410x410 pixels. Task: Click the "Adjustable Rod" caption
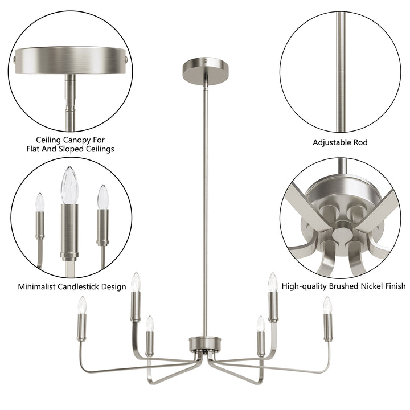pyautogui.click(x=341, y=141)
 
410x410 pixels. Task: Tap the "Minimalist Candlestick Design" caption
pyautogui.click(x=72, y=286)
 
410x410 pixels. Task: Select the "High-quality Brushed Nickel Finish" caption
pyautogui.click(x=343, y=286)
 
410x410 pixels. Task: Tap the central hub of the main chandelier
pyautogui.click(x=204, y=345)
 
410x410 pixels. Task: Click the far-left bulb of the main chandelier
pyautogui.click(x=82, y=305)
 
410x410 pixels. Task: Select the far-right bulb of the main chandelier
pyautogui.click(x=327, y=305)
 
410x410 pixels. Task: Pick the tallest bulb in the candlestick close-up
pyautogui.click(x=69, y=185)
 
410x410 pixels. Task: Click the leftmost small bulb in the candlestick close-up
pyautogui.click(x=40, y=202)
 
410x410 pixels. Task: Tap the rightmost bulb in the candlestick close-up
pyautogui.click(x=102, y=196)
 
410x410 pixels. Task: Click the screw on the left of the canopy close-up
pyautogui.click(x=14, y=57)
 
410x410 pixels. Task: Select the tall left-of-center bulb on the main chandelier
pyautogui.click(x=136, y=281)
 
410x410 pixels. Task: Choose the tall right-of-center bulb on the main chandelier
pyautogui.click(x=273, y=281)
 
